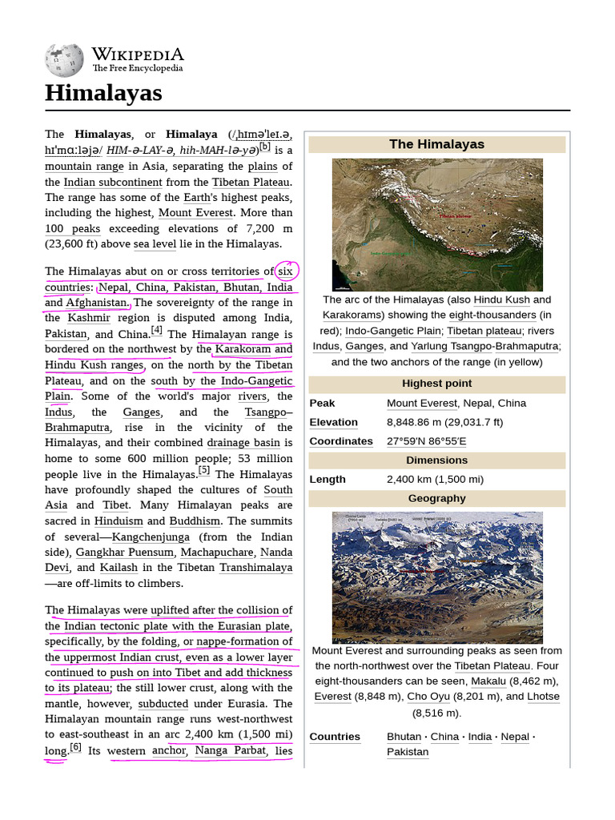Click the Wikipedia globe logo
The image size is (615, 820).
point(64,61)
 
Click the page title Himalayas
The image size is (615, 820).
point(103,94)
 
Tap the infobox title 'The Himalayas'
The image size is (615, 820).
point(436,144)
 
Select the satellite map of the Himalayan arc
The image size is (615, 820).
point(437,224)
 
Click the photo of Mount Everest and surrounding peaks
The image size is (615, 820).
point(437,577)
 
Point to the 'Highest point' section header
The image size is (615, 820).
point(436,384)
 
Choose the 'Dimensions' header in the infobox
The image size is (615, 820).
point(436,460)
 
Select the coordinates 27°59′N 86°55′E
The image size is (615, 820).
point(426,441)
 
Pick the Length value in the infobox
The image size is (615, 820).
point(435,480)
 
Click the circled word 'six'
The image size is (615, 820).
point(286,271)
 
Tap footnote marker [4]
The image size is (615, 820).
point(156,330)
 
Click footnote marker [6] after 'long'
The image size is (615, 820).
point(75,748)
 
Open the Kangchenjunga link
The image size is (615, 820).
point(151,537)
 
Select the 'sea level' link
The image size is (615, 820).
point(155,244)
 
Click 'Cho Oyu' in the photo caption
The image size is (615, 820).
point(428,697)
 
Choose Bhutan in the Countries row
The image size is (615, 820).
point(404,737)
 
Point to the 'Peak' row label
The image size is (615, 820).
point(322,403)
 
